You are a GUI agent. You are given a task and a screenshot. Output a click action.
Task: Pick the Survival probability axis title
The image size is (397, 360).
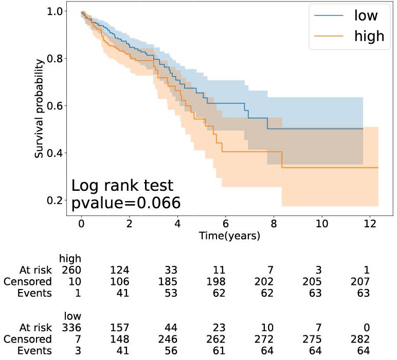(x=39, y=109)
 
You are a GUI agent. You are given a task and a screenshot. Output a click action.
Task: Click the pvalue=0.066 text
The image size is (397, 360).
(x=125, y=203)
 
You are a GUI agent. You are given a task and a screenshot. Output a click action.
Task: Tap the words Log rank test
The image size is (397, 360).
(x=122, y=186)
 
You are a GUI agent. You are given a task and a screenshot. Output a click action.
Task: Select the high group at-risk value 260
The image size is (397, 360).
(x=71, y=270)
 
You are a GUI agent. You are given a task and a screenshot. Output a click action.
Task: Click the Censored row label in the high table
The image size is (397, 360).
(x=27, y=282)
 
